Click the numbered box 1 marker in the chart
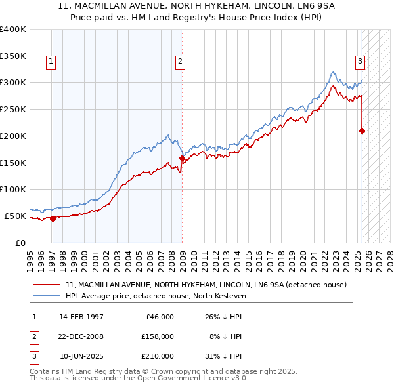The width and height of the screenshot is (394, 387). (51, 62)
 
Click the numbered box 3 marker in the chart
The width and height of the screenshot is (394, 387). (361, 62)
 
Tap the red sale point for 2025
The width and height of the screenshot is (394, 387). (362, 131)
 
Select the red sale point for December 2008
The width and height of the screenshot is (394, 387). (182, 158)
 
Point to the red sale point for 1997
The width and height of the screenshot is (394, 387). (53, 218)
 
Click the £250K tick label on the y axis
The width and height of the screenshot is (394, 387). (13, 109)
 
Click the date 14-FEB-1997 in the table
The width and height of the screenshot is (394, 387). (81, 317)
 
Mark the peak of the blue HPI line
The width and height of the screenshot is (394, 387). (334, 71)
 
